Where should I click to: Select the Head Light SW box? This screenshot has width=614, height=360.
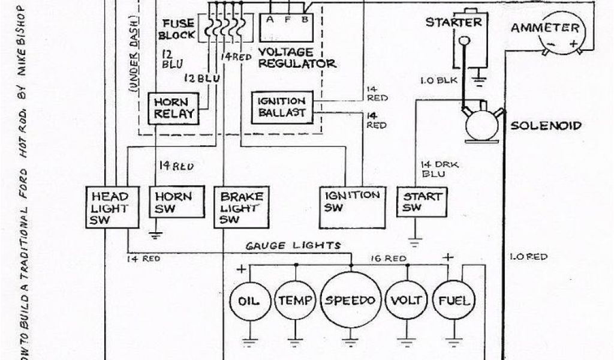[110, 207]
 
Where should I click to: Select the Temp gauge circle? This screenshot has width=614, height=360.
[294, 301]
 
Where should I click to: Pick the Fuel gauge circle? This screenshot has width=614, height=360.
[453, 300]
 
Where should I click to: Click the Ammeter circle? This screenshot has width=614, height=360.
[553, 34]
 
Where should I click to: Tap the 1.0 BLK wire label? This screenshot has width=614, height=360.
[439, 78]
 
